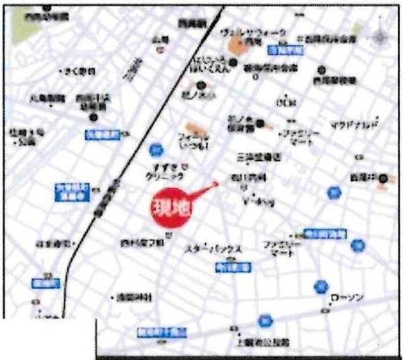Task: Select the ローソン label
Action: tap(346, 298)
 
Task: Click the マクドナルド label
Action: tap(353, 125)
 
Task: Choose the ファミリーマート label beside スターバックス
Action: tap(278, 248)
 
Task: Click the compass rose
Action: tap(382, 36)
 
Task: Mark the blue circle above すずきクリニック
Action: tap(156, 148)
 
